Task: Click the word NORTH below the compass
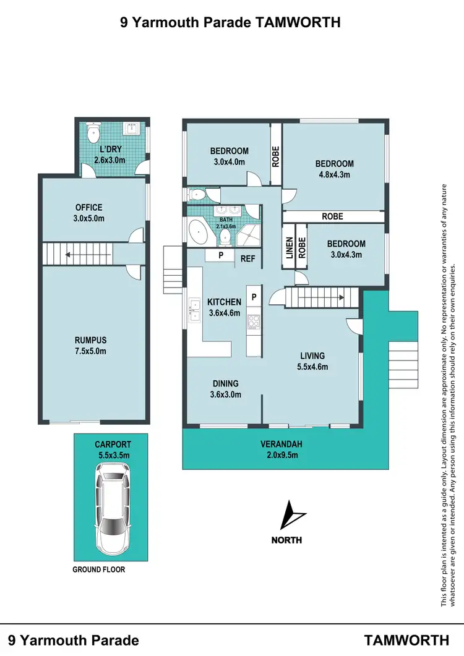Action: point(286,540)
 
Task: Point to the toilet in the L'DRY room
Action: point(93,132)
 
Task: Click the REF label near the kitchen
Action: point(247,259)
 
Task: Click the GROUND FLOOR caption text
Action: point(99,569)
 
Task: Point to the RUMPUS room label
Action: point(91,340)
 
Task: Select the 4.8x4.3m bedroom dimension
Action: point(334,174)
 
